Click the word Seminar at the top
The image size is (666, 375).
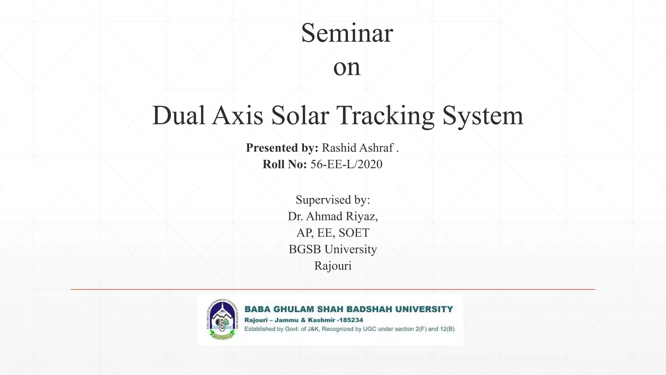tap(347, 33)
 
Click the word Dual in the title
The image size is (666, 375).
tap(179, 116)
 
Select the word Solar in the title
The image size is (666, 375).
tap(300, 116)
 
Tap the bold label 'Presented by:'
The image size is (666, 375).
tap(282, 148)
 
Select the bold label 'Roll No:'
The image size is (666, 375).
tap(285, 164)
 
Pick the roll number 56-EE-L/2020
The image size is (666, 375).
tap(346, 164)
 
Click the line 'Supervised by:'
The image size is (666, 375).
tap(333, 200)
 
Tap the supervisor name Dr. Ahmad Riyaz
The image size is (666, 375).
tap(333, 216)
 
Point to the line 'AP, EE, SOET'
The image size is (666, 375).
tap(333, 233)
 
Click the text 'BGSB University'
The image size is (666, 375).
tap(333, 249)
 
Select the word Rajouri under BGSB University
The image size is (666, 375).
tap(333, 266)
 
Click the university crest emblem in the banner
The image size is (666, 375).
tap(222, 319)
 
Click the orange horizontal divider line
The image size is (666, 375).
tap(333, 289)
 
